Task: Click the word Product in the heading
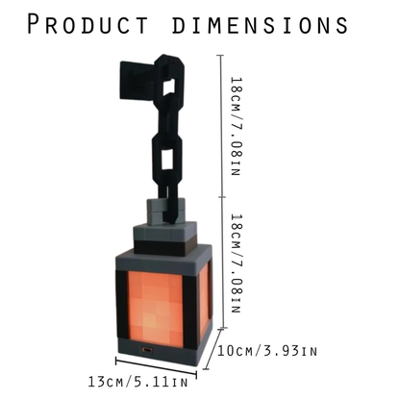[x=87, y=24]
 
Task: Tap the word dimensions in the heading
[x=260, y=25]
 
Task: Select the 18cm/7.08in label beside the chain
[x=237, y=126]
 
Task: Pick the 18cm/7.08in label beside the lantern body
[x=237, y=263]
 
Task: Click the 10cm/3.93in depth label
[x=267, y=351]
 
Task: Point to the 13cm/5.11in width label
[x=137, y=382]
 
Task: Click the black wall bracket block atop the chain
[x=137, y=80]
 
